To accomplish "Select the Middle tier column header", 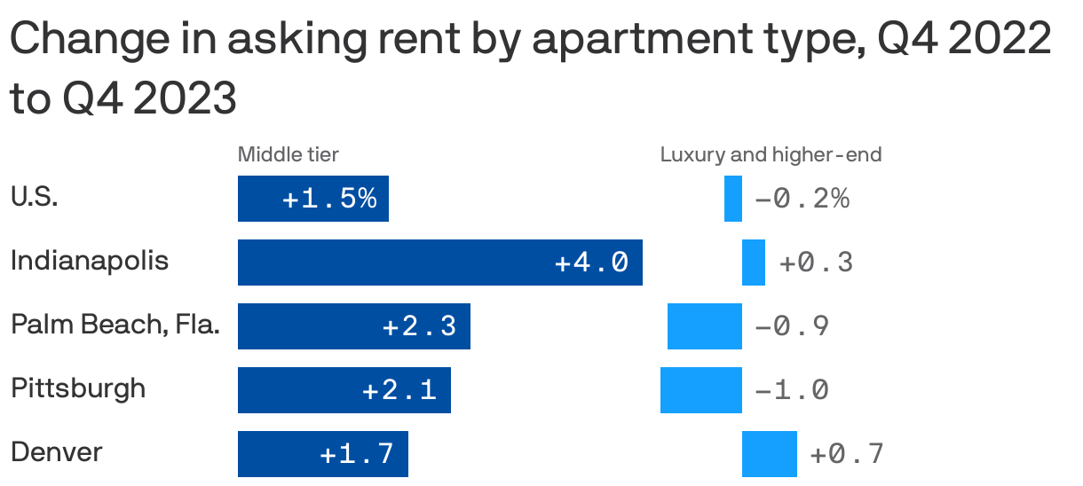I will click(288, 155).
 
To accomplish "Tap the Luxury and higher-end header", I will click(771, 155).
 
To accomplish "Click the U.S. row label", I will click(35, 197).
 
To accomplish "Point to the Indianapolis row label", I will click(90, 262).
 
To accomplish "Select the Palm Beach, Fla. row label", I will click(115, 325).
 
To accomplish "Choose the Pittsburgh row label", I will click(78, 388).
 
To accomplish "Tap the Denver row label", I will click(57, 452).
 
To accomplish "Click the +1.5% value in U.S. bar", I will click(329, 199).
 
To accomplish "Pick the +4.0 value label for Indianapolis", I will click(591, 263).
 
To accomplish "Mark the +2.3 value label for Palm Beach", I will click(419, 326).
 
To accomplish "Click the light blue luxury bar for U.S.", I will click(733, 199).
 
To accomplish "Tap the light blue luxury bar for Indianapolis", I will click(754, 263).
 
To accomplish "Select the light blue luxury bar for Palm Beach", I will click(705, 326).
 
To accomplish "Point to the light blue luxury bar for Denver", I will click(770, 454).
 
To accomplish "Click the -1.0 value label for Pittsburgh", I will click(792, 390).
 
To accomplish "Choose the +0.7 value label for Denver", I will click(847, 454).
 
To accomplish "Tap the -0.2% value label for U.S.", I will click(802, 199).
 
